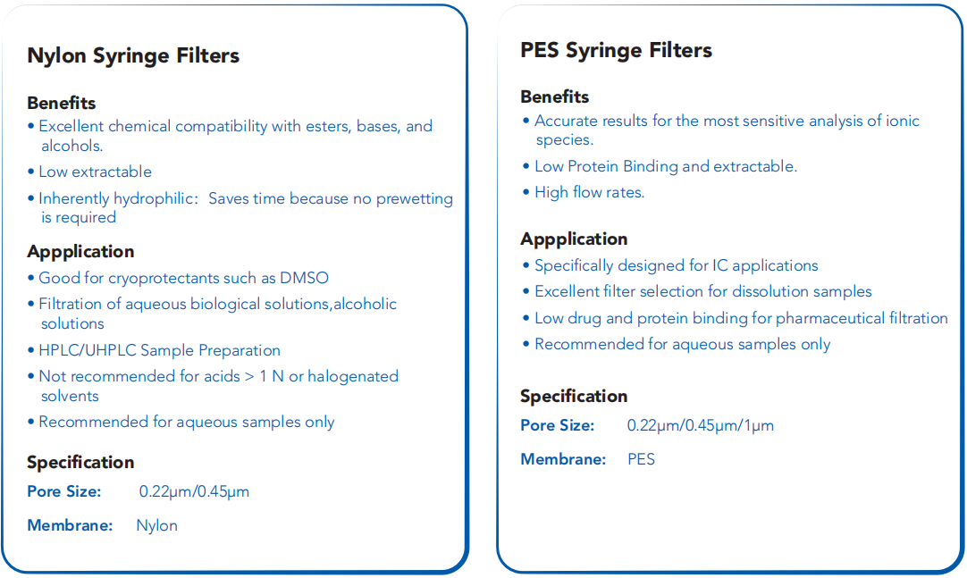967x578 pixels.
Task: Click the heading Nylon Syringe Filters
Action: pos(133,56)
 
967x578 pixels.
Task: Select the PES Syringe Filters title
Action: pos(616,51)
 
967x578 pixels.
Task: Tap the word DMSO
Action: pos(304,278)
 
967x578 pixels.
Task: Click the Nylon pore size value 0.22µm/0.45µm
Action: pos(194,491)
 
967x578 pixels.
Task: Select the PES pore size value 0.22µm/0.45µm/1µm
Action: pos(701,426)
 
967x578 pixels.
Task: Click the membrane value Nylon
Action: pos(156,525)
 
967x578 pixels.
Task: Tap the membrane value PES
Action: pos(642,459)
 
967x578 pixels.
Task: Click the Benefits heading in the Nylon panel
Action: pos(62,103)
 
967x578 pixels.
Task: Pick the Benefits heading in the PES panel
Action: pos(555,96)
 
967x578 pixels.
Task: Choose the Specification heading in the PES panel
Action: pos(574,397)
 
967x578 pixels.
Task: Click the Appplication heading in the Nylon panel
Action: pos(80,252)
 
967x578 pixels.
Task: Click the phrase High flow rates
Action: pos(590,193)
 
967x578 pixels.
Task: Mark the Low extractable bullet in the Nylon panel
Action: pos(95,172)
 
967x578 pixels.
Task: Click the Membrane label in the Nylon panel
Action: pos(70,525)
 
